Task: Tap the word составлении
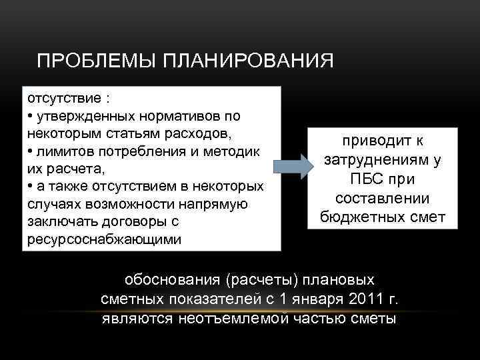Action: tap(383, 199)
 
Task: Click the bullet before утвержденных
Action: tap(30, 116)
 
